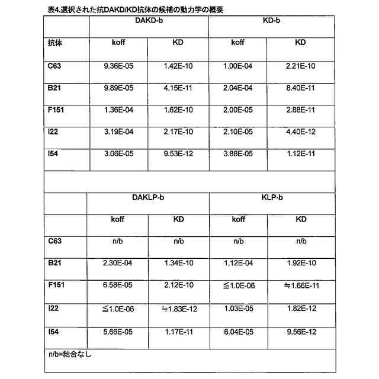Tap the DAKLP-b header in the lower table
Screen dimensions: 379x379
148,197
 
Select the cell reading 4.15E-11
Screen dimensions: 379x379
178,88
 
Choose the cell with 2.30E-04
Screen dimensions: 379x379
118,263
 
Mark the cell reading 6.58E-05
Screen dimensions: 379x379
118,285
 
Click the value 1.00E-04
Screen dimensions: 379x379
238,66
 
